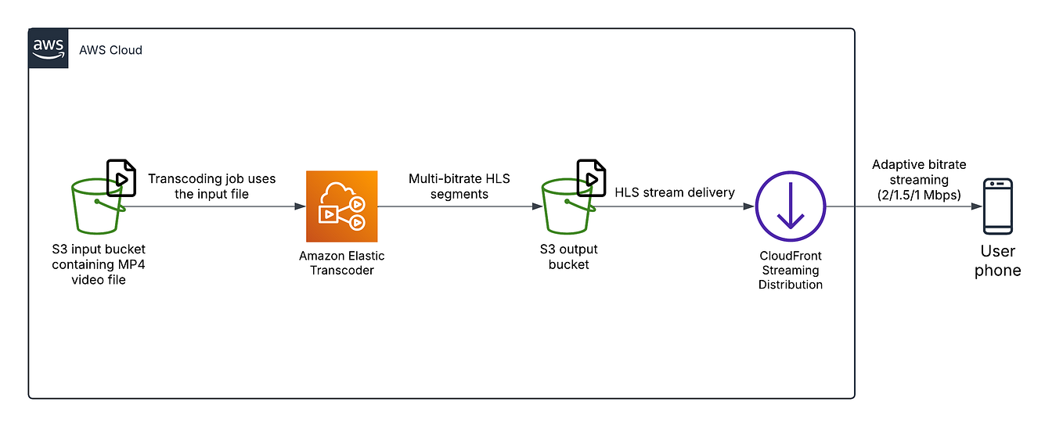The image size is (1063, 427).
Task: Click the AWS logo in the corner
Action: [49, 48]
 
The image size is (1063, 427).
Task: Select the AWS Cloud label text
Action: [110, 50]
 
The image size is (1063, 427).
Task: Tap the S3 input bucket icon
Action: [96, 207]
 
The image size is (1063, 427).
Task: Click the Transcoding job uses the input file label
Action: [211, 185]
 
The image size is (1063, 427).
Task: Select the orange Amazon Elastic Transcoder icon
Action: [341, 206]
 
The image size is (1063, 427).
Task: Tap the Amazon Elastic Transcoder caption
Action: [341, 263]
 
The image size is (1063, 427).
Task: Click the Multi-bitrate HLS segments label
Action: [459, 185]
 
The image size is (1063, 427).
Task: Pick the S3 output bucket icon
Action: [568, 207]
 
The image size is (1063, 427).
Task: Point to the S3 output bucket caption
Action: [568, 257]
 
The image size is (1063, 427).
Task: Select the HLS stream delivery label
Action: [675, 192]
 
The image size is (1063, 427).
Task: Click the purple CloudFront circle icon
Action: [791, 206]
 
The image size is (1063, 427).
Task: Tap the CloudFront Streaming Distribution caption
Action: [791, 271]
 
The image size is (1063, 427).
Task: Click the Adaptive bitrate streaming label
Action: [919, 180]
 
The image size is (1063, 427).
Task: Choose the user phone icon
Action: [998, 206]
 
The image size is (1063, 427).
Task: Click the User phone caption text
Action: [998, 261]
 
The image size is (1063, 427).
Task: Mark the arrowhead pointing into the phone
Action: [976, 206]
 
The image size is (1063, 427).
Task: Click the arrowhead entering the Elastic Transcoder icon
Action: [300, 206]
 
